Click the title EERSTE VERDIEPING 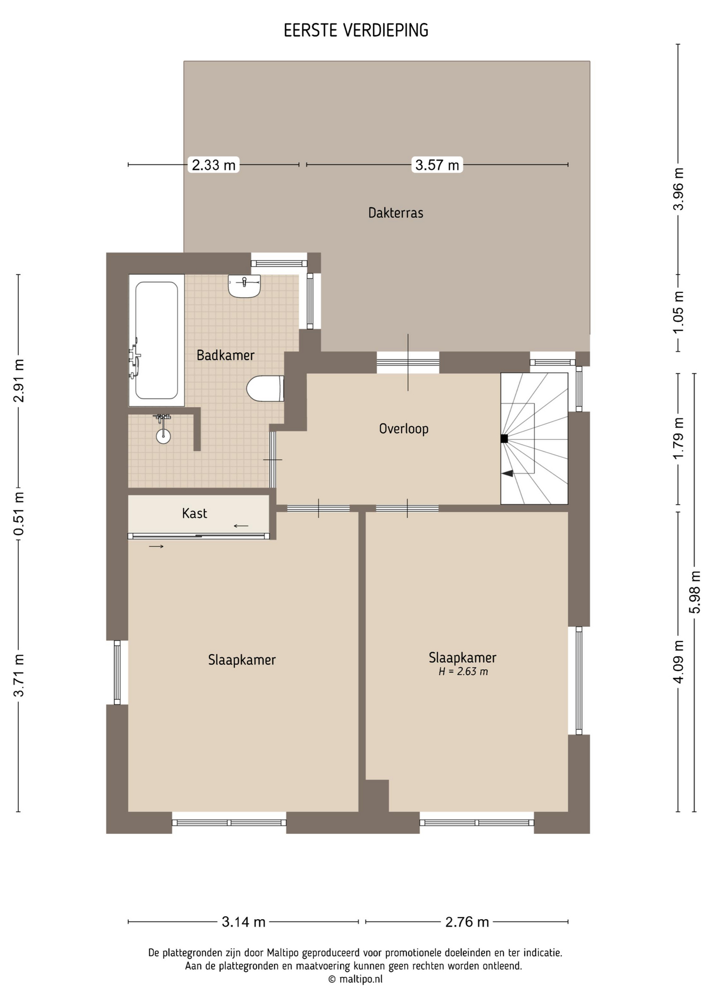(x=356, y=31)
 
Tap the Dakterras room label (x=396, y=213)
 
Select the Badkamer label (x=225, y=355)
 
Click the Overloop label (x=404, y=429)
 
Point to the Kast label (x=195, y=513)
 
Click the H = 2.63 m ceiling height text (x=463, y=671)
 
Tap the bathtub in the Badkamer (x=156, y=340)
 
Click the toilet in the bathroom (x=265, y=388)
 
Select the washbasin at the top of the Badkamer (x=244, y=286)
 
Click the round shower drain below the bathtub (x=163, y=435)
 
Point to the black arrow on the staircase (x=507, y=474)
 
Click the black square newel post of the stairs (x=504, y=438)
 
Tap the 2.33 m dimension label (x=214, y=165)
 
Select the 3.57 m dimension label (x=437, y=165)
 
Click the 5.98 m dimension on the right (x=695, y=592)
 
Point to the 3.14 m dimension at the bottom (x=244, y=921)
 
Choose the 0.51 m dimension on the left (x=19, y=513)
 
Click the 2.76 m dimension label (x=467, y=921)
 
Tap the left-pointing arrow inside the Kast (x=241, y=526)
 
